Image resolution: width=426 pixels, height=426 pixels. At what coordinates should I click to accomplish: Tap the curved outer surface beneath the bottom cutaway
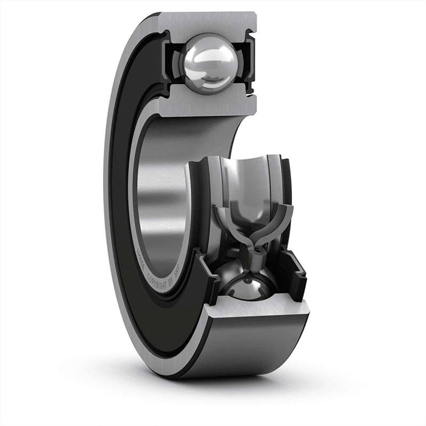[x=250, y=351]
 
